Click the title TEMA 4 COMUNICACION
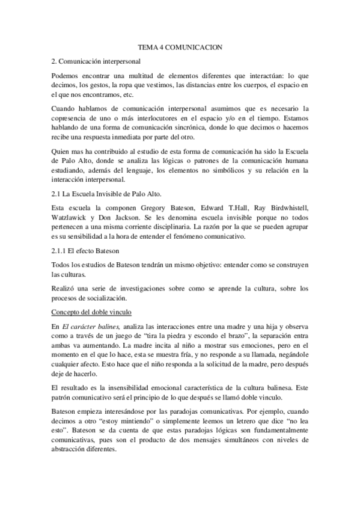(x=180, y=46)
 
